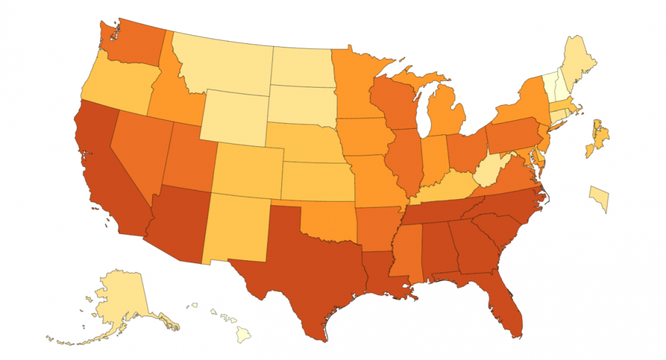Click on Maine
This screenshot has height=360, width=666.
(583, 62)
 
